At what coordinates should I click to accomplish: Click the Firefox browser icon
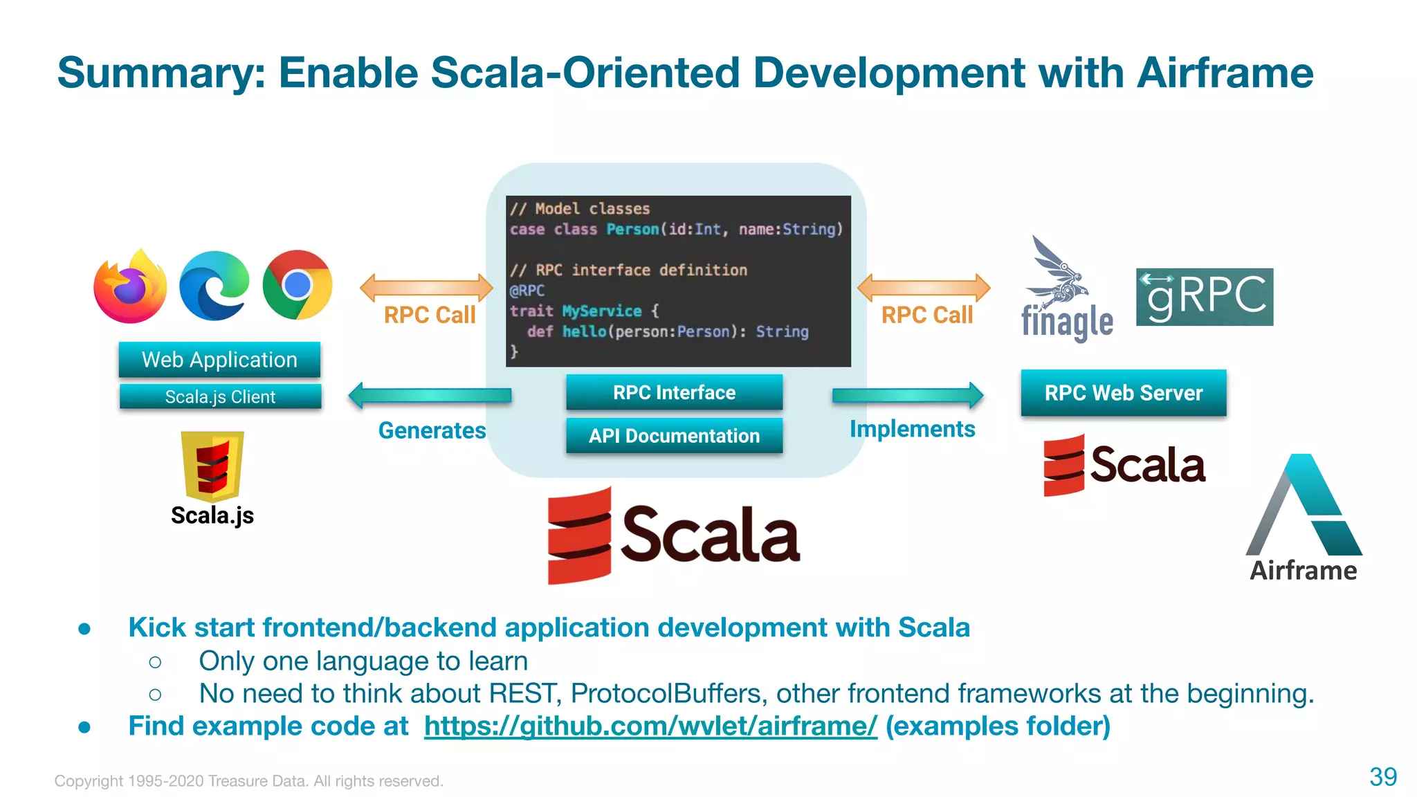tap(130, 286)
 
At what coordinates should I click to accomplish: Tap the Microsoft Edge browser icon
tap(214, 286)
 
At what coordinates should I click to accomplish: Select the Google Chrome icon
tap(298, 284)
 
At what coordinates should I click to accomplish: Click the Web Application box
tap(219, 360)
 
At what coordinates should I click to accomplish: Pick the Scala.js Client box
tap(220, 397)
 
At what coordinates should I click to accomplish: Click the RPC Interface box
tap(674, 392)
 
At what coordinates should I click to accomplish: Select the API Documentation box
tap(674, 436)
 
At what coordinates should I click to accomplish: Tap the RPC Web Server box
tap(1123, 393)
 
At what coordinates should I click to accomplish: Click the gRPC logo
tap(1204, 297)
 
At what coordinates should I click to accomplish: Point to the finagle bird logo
tap(1058, 277)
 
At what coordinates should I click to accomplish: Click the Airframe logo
tap(1304, 515)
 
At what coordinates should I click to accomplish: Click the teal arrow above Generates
tap(430, 395)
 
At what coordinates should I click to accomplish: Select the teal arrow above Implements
tap(907, 395)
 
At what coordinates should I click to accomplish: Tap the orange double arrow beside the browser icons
tap(426, 287)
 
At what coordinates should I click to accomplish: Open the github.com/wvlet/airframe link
tap(650, 726)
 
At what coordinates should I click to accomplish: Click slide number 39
tap(1382, 777)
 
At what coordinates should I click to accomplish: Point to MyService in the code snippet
tap(601, 311)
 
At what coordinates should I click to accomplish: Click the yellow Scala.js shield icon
tap(212, 465)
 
